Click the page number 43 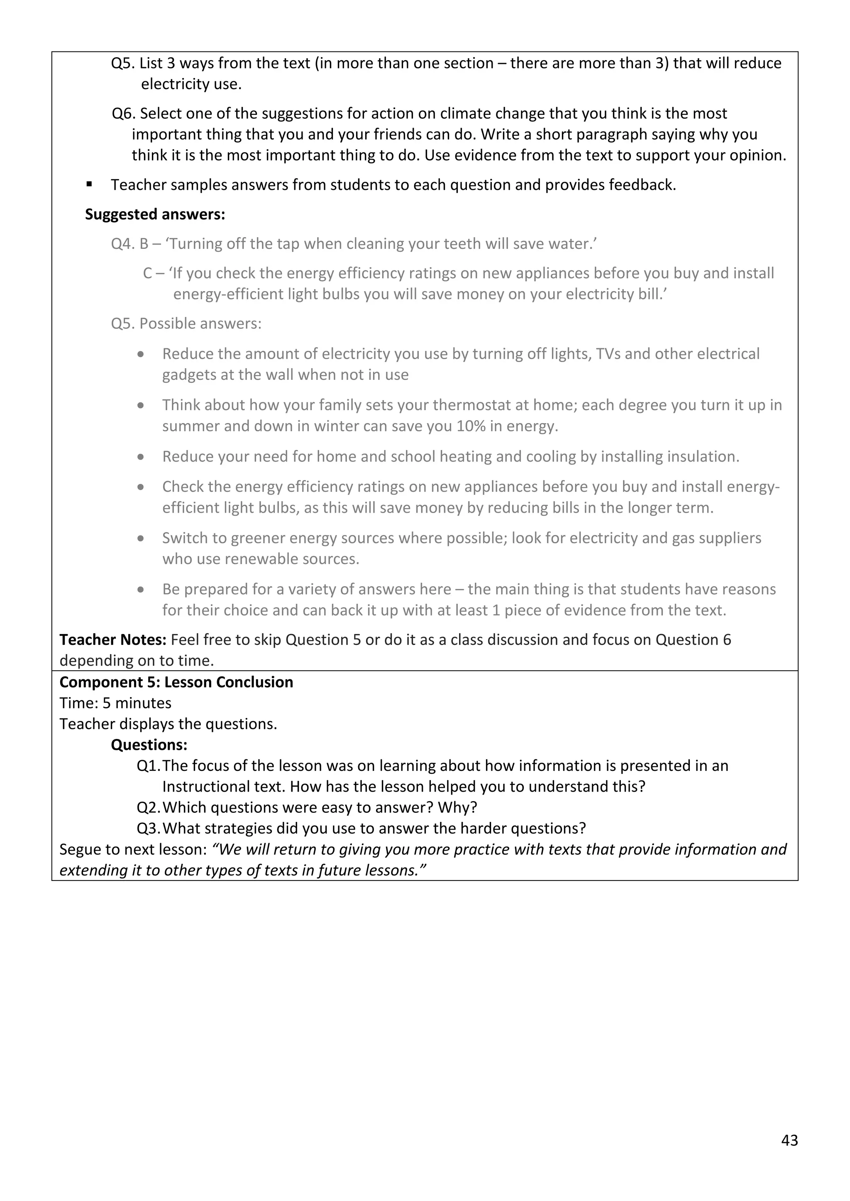pos(789,1140)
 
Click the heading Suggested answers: pos(155,214)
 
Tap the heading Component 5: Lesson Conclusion pos(176,682)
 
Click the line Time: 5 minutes pos(115,703)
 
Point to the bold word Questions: pos(149,745)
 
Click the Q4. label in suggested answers pos(123,244)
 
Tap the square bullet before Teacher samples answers pos(90,184)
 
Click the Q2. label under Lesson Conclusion pos(148,807)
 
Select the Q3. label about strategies pos(148,829)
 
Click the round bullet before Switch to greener pos(141,538)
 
